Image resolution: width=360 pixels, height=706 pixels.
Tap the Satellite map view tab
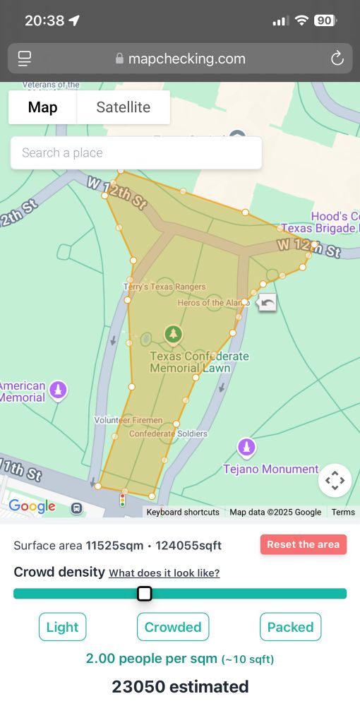(124, 107)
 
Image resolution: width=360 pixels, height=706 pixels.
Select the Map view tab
(42, 107)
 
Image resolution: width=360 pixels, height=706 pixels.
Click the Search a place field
(136, 152)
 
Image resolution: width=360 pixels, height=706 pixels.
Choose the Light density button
(63, 627)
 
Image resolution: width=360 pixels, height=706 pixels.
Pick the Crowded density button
(173, 627)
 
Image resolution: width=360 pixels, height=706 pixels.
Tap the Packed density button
(290, 627)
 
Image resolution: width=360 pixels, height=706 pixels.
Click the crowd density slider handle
(144, 593)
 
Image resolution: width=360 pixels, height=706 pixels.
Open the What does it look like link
(164, 573)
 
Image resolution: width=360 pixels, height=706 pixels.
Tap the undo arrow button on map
(268, 303)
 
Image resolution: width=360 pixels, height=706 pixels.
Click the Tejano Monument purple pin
(246, 446)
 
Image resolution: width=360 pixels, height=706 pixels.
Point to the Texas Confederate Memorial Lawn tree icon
(173, 334)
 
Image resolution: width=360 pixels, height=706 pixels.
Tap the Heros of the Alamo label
(210, 303)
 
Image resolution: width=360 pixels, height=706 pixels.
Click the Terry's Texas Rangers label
(164, 287)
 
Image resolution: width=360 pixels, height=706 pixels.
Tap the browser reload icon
(337, 59)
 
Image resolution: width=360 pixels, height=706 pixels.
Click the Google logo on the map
(32, 506)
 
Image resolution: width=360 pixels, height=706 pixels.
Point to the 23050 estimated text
(180, 686)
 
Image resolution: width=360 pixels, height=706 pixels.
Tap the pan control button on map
(335, 480)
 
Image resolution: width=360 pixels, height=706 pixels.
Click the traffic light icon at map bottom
(122, 501)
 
